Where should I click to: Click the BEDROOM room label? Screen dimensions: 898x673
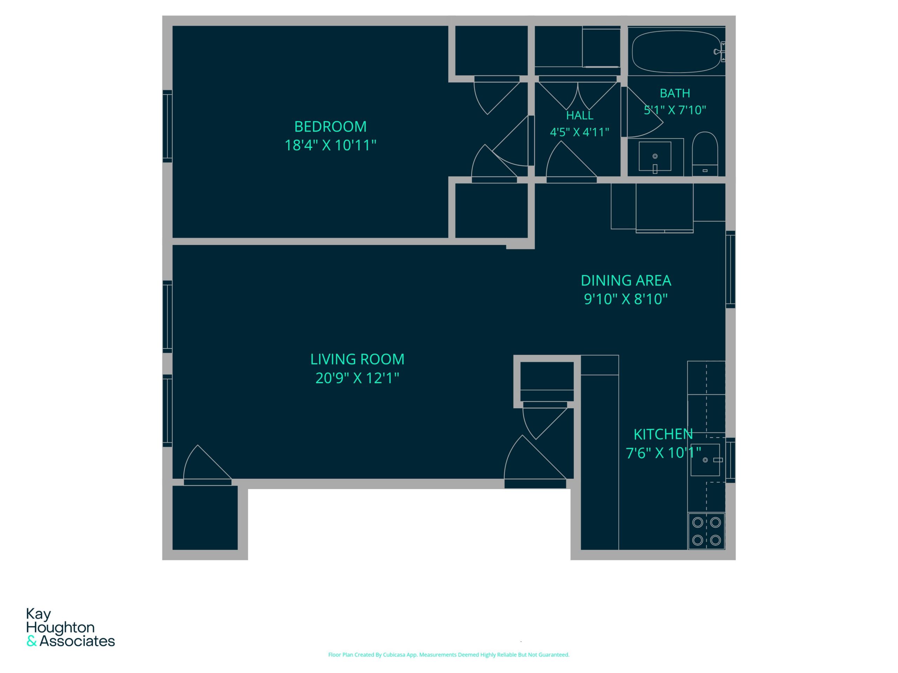tap(330, 127)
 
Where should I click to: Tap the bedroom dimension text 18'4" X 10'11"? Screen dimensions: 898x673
tap(330, 145)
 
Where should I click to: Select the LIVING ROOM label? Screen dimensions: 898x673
tap(357, 359)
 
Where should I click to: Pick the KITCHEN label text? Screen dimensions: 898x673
tap(663, 434)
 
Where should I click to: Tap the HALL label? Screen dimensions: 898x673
tap(580, 116)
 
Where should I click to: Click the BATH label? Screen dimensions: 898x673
tap(675, 93)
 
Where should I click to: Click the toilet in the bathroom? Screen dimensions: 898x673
tap(705, 154)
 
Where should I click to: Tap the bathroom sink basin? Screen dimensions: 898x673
tap(655, 157)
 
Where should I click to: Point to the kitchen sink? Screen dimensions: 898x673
tap(705, 460)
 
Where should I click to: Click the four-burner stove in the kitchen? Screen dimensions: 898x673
tap(706, 531)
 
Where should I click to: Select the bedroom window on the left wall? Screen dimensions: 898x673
tap(167, 126)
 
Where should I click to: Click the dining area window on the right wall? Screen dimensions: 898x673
tap(730, 269)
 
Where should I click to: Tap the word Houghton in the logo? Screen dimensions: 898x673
tap(60, 627)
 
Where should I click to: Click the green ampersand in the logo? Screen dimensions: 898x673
tap(32, 641)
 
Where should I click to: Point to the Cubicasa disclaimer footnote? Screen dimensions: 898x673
tap(449, 655)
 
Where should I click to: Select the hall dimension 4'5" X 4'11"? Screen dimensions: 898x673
tap(579, 132)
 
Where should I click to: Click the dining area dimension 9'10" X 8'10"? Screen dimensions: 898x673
tap(625, 299)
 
